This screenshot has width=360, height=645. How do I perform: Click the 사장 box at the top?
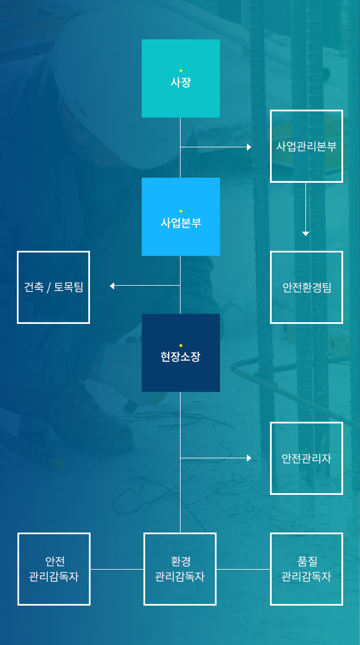coord(181,78)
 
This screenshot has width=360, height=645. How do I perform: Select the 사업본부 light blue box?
coord(181,216)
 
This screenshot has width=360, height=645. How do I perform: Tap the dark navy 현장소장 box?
coord(181,353)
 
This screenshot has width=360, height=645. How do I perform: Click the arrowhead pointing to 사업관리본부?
coord(249,147)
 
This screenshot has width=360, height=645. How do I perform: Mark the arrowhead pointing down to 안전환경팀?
coord(305,233)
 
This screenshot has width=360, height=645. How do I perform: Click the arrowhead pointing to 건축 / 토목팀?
coord(112,286)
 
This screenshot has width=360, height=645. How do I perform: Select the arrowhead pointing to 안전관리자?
coord(249,458)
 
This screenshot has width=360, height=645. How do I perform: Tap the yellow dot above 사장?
coord(181,71)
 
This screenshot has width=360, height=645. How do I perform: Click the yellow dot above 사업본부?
coord(181,211)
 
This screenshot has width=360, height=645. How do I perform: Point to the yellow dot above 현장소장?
coord(181,345)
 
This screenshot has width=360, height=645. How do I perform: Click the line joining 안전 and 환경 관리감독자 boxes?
coord(117,569)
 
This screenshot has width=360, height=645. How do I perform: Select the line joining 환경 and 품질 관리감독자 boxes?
coord(243,569)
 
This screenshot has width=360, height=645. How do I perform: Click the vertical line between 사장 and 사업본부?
coord(180,147)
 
